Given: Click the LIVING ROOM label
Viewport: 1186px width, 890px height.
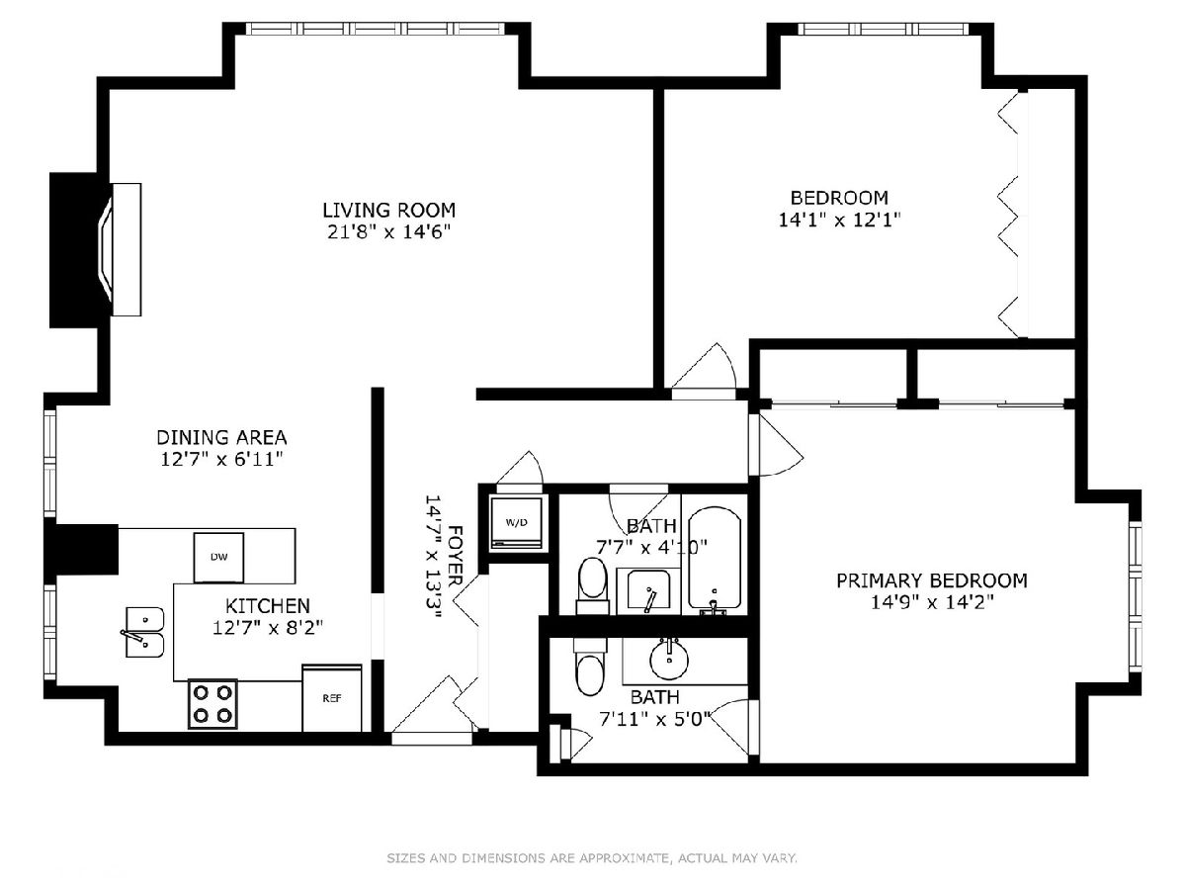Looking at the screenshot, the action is pyautogui.click(x=388, y=210).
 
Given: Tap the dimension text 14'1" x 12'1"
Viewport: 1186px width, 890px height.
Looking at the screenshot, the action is pyautogui.click(x=839, y=220).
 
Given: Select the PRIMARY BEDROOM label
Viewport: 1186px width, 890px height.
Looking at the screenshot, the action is pyautogui.click(x=932, y=580).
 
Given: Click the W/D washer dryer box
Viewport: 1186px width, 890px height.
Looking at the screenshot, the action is pyautogui.click(x=516, y=522).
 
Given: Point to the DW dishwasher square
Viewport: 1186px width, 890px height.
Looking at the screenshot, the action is pyautogui.click(x=218, y=558).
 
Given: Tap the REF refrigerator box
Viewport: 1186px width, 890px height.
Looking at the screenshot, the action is pyautogui.click(x=332, y=697).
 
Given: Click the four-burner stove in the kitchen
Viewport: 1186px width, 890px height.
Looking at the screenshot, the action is pyautogui.click(x=212, y=703).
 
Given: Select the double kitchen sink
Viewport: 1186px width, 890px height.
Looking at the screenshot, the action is pyautogui.click(x=144, y=632).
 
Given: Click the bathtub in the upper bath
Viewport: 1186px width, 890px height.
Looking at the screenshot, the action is pyautogui.click(x=715, y=561).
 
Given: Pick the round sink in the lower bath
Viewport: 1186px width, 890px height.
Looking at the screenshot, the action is pyautogui.click(x=669, y=659).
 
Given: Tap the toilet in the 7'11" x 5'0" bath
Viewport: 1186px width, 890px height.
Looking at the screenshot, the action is pyautogui.click(x=591, y=667).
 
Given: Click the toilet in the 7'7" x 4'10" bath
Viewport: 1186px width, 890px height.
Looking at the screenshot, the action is pyautogui.click(x=592, y=586).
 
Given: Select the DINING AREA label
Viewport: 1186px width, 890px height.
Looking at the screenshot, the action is pyautogui.click(x=221, y=437).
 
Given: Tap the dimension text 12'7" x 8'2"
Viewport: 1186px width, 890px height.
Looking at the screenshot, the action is pyautogui.click(x=268, y=628).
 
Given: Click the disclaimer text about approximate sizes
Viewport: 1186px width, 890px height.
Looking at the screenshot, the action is pyautogui.click(x=592, y=858).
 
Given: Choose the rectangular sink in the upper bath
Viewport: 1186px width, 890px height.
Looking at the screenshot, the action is pyautogui.click(x=648, y=591).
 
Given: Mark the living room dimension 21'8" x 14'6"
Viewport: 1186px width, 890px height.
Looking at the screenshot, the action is pyautogui.click(x=388, y=231).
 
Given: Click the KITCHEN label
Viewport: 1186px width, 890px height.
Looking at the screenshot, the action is pyautogui.click(x=268, y=605).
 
